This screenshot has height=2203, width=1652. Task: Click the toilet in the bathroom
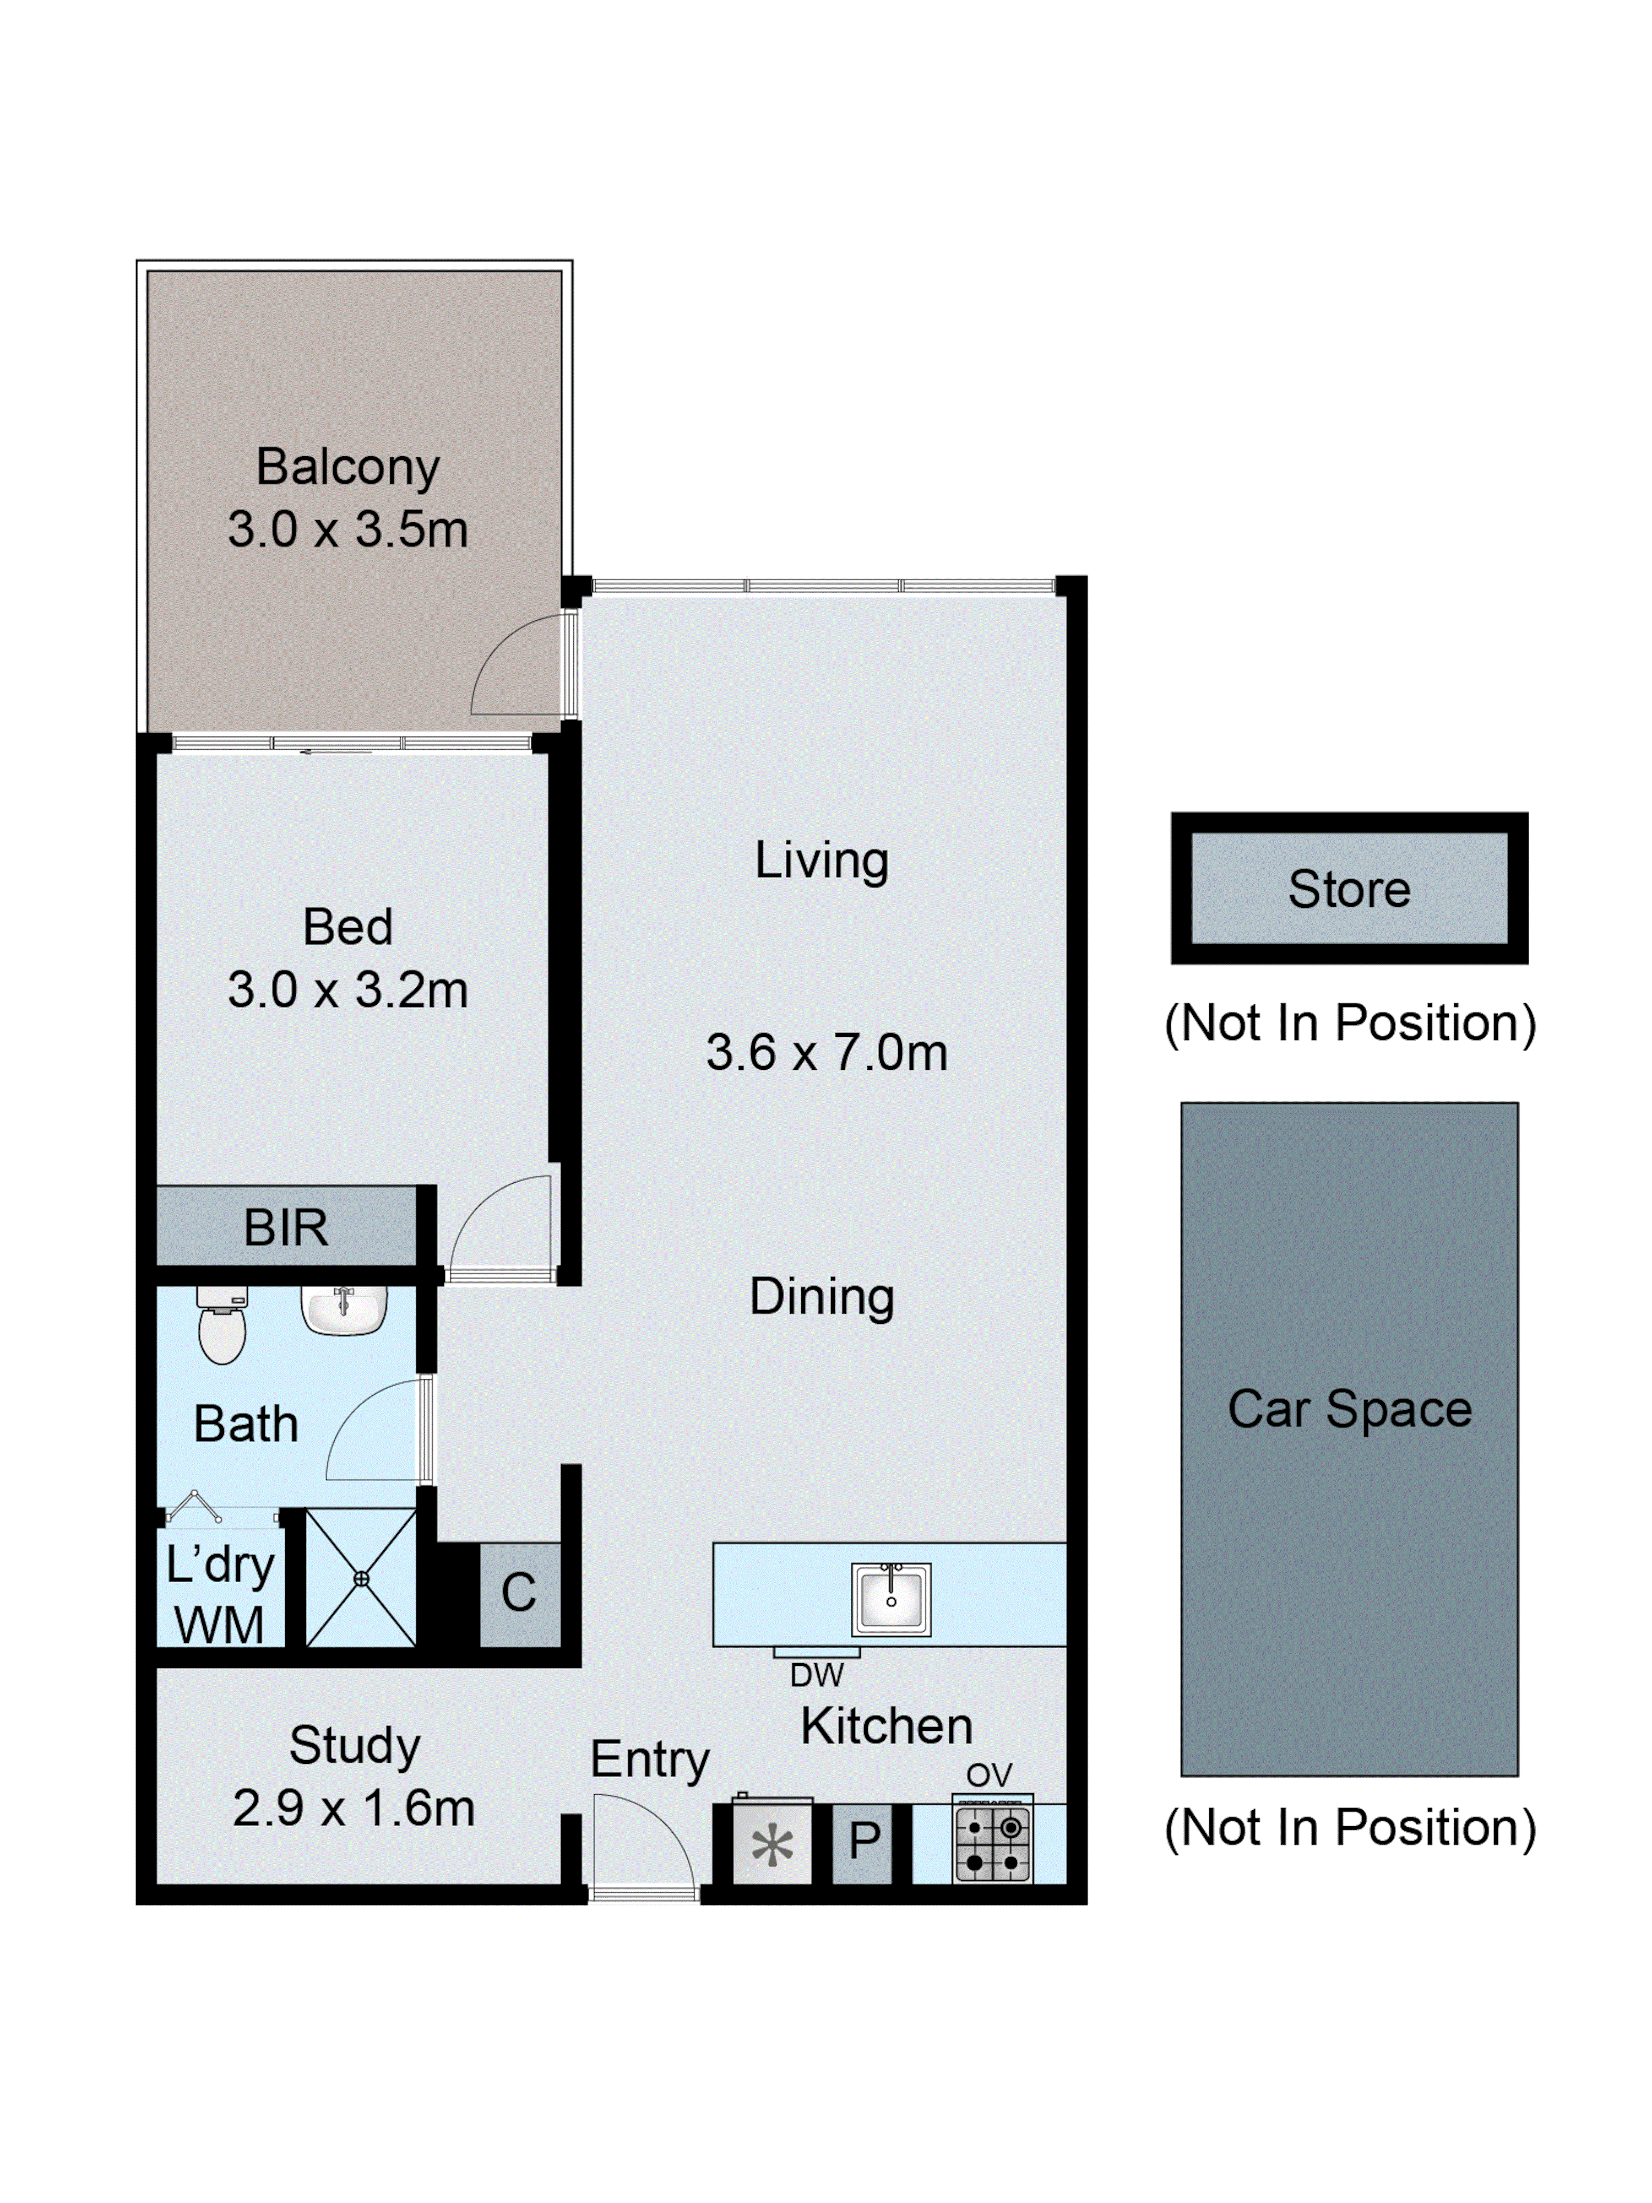pyautogui.click(x=221, y=1324)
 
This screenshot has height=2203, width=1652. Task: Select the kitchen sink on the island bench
pyautogui.click(x=891, y=1599)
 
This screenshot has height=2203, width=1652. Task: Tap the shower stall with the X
pyautogui.click(x=361, y=1578)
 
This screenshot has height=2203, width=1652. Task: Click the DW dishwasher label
pyautogui.click(x=817, y=1676)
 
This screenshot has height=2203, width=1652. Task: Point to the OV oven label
pyautogui.click(x=989, y=1775)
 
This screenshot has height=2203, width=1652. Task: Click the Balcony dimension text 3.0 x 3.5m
pyautogui.click(x=347, y=529)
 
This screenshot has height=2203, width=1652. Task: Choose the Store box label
pyautogui.click(x=1349, y=889)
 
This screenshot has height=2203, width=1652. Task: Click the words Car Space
pyautogui.click(x=1349, y=1409)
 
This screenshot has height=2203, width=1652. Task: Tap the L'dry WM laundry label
pyautogui.click(x=219, y=1594)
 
